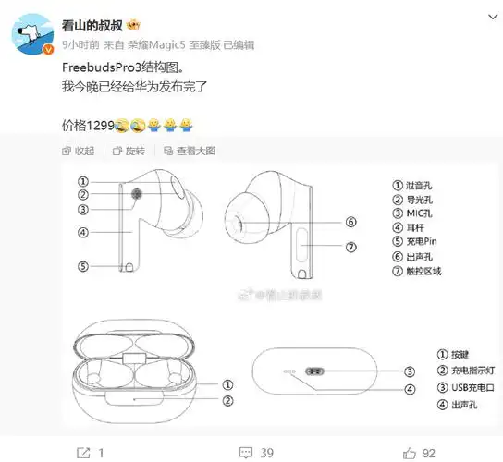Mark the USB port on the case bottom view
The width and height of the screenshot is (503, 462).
(x=312, y=371)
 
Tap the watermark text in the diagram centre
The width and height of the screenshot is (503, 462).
(x=282, y=295)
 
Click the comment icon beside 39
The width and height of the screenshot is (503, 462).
(x=243, y=453)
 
